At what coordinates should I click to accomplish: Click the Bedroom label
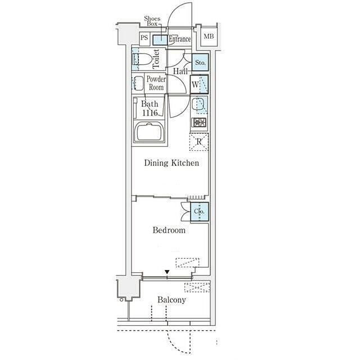169,230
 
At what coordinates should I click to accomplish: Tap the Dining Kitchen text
172,163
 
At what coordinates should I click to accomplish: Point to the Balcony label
172,300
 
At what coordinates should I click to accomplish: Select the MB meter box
209,36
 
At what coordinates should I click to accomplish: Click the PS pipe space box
145,38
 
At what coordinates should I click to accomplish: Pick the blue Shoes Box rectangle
160,40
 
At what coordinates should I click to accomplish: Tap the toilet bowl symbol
142,59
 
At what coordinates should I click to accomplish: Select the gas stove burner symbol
199,123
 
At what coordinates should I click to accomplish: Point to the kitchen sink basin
199,105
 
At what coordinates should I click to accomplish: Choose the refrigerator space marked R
199,142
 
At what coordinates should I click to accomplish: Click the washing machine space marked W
199,84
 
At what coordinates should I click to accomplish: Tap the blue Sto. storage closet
200,62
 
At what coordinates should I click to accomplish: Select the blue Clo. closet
200,211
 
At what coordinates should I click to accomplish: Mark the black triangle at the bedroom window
167,272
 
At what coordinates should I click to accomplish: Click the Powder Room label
156,83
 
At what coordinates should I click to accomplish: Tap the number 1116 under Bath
150,113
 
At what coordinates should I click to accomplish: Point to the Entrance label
180,39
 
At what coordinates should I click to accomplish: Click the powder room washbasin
138,83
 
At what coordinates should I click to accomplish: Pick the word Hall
180,71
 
